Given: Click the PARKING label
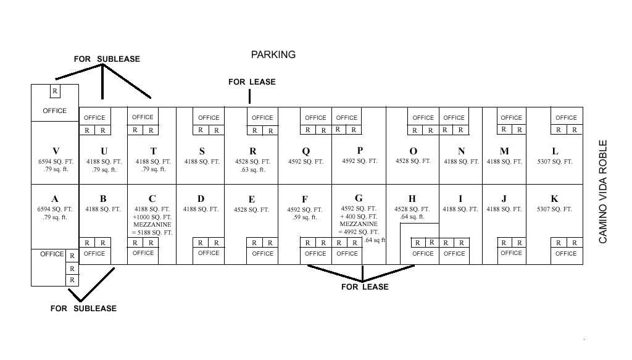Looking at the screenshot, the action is [273, 54].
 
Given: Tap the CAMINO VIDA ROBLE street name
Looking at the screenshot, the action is [602, 191].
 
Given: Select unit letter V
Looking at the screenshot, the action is [56, 151].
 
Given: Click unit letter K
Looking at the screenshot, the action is [555, 199].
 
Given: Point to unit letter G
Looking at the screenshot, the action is [359, 198].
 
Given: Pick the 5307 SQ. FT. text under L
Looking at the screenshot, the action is [555, 162].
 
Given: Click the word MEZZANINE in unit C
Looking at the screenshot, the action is [152, 225].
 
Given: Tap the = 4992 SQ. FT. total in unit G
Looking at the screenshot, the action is [359, 232].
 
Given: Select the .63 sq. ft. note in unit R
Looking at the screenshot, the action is [252, 170].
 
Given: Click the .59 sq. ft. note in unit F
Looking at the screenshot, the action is [305, 217].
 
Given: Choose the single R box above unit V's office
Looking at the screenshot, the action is [55, 91].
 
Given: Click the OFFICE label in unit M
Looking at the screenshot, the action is [511, 118].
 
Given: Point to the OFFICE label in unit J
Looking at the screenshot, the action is [511, 253].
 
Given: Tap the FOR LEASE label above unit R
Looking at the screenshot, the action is [252, 82].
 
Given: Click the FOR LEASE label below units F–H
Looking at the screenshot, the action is [365, 287].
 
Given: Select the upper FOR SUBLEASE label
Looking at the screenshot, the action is [107, 59].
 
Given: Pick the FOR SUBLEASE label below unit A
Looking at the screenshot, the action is [83, 308].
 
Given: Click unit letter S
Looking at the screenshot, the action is [202, 151].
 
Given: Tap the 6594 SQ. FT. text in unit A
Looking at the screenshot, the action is [55, 209].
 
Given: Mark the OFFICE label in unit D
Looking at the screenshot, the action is [209, 253].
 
